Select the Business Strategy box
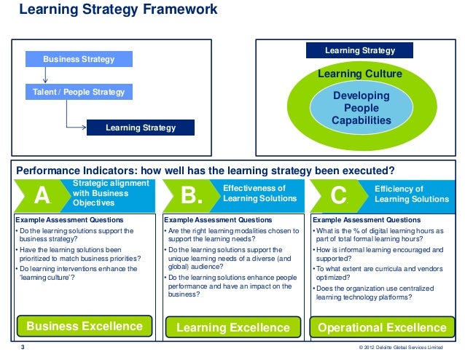(x=79, y=59)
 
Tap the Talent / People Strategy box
(x=79, y=93)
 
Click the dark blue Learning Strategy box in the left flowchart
(x=141, y=128)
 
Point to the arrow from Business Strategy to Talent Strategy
(x=45, y=76)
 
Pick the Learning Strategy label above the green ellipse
(x=359, y=51)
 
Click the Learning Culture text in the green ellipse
(x=359, y=74)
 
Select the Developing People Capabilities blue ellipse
(x=361, y=109)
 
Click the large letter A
(x=42, y=196)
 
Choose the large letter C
(x=338, y=196)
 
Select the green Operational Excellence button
(x=382, y=327)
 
